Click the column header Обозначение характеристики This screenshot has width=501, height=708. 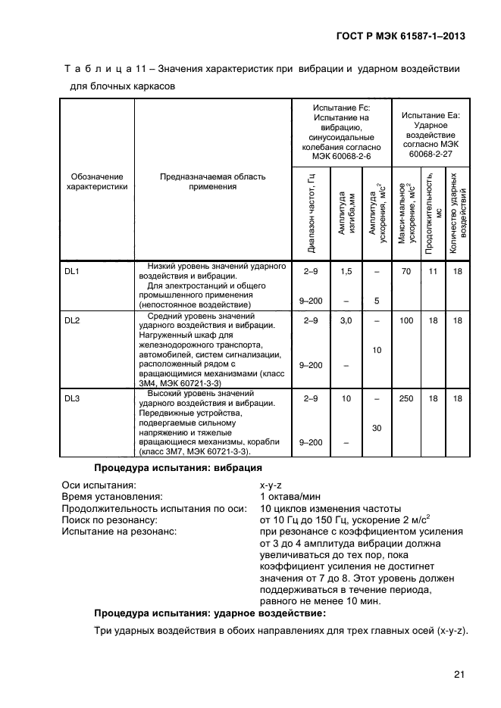(x=97, y=181)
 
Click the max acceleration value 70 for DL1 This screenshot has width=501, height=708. (x=406, y=270)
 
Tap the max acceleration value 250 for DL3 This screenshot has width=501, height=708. (x=406, y=398)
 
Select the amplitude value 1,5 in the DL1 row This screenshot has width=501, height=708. (x=346, y=270)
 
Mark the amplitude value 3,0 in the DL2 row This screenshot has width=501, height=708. (x=346, y=321)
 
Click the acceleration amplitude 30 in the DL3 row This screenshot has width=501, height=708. (x=376, y=428)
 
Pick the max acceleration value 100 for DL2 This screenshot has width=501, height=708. (x=406, y=321)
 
